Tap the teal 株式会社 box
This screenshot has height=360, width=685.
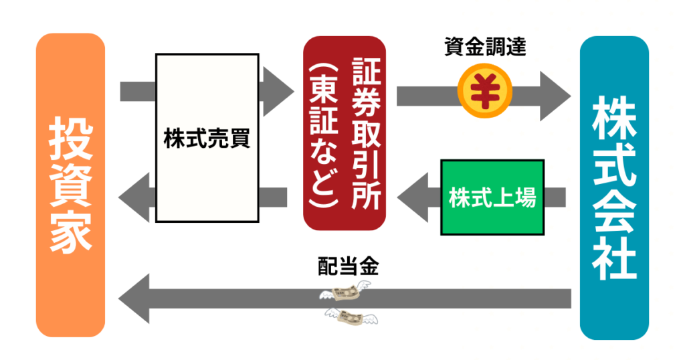614,188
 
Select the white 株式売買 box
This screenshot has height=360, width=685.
207,139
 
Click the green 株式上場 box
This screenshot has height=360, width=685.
492,197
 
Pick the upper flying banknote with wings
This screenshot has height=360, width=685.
344,293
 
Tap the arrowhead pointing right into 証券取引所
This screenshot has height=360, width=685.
280,90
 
